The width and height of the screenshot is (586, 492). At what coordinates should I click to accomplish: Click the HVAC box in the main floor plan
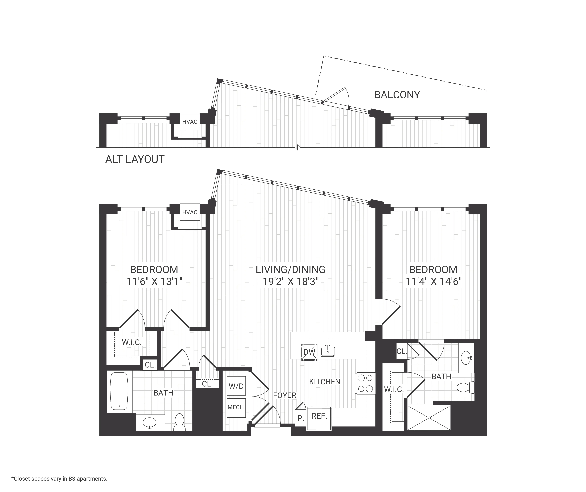190,212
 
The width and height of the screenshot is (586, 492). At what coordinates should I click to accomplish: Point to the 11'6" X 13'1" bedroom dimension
154,281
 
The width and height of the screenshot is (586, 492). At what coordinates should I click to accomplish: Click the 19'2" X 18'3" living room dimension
291,281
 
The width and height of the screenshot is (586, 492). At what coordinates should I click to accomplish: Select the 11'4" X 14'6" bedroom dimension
433,281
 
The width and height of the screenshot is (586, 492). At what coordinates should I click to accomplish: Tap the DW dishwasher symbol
309,352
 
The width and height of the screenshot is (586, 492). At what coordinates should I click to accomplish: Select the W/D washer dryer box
236,386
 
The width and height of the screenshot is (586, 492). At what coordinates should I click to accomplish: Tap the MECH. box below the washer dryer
236,407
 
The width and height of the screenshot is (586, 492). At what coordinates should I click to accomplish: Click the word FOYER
285,395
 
